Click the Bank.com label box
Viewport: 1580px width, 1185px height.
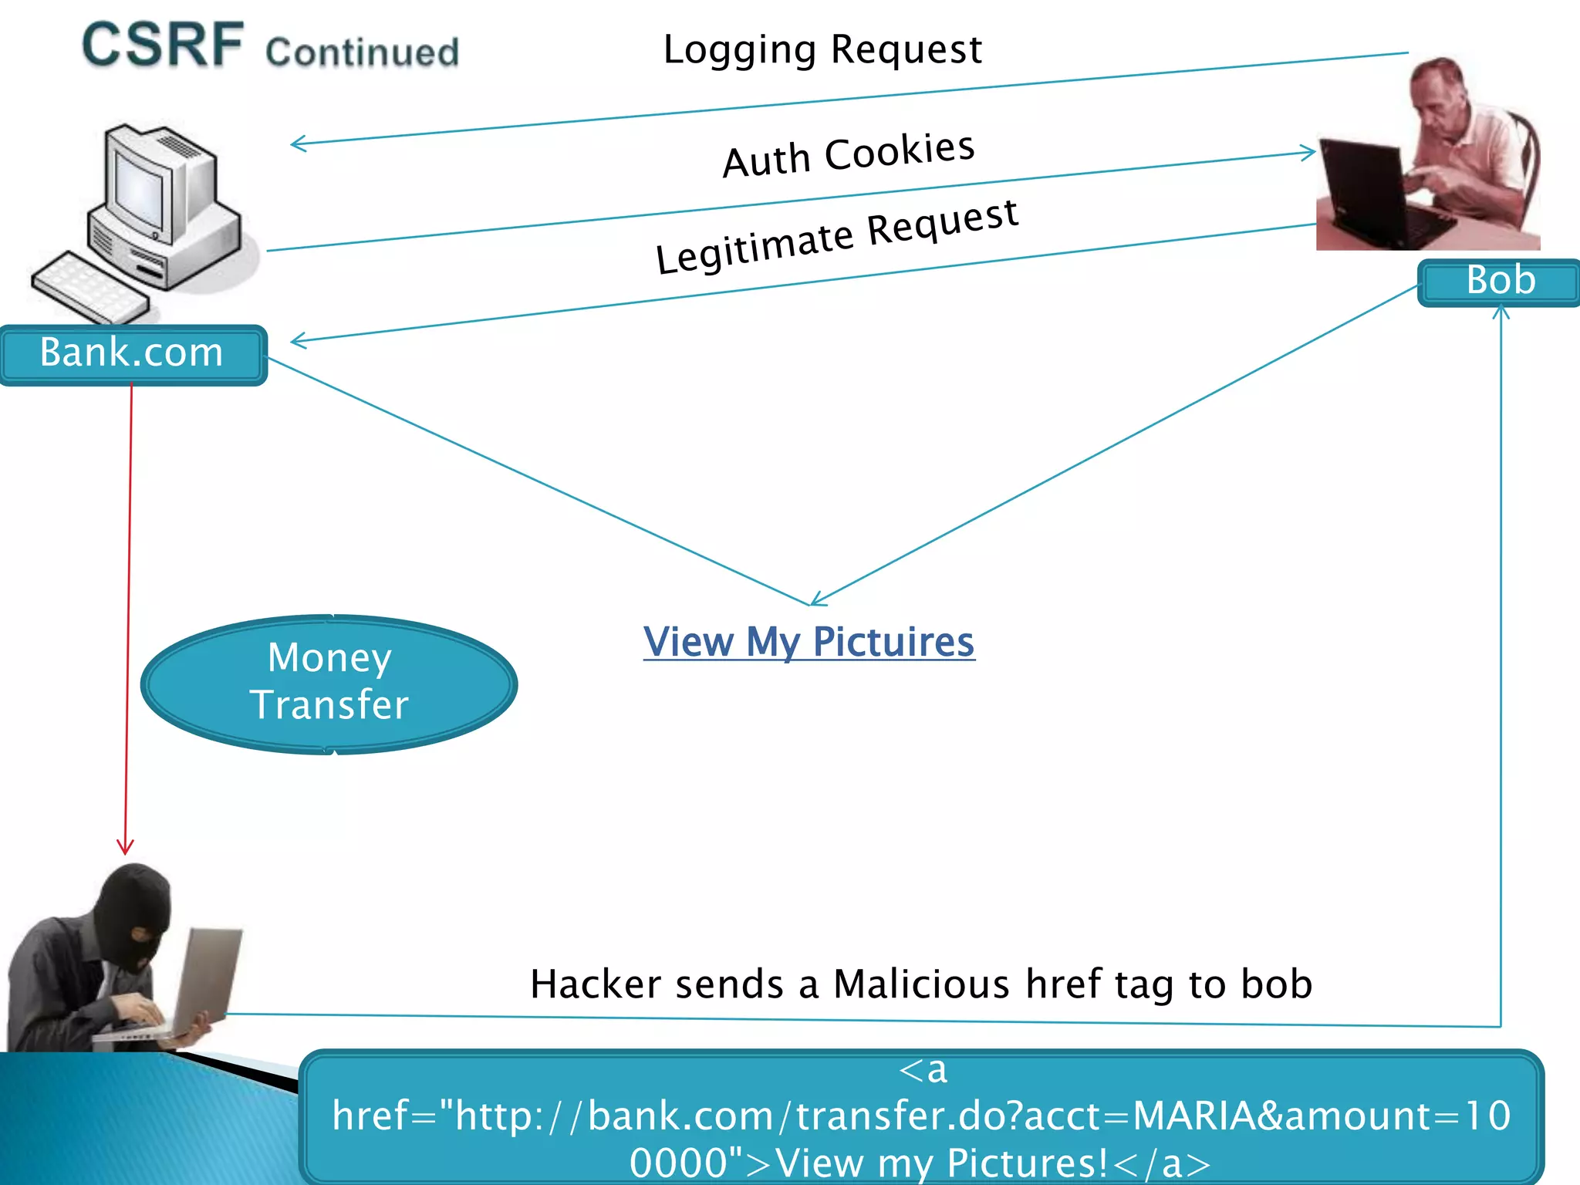pyautogui.click(x=133, y=354)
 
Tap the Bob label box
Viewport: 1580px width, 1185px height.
pyautogui.click(x=1499, y=282)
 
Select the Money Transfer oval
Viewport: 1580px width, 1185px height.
pyautogui.click(x=329, y=684)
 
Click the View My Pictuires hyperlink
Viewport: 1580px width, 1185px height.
pyautogui.click(x=809, y=642)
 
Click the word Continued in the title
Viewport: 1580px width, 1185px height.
pyautogui.click(x=362, y=52)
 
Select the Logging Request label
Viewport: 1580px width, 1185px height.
pyautogui.click(x=822, y=50)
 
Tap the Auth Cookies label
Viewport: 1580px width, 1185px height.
pyautogui.click(x=849, y=154)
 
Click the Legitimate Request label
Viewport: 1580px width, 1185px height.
pyautogui.click(x=837, y=236)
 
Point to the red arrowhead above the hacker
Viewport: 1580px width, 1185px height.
pyautogui.click(x=125, y=847)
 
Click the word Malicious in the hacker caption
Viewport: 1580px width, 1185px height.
pyautogui.click(x=921, y=984)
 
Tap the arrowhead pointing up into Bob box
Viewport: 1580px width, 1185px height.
pyautogui.click(x=1501, y=312)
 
